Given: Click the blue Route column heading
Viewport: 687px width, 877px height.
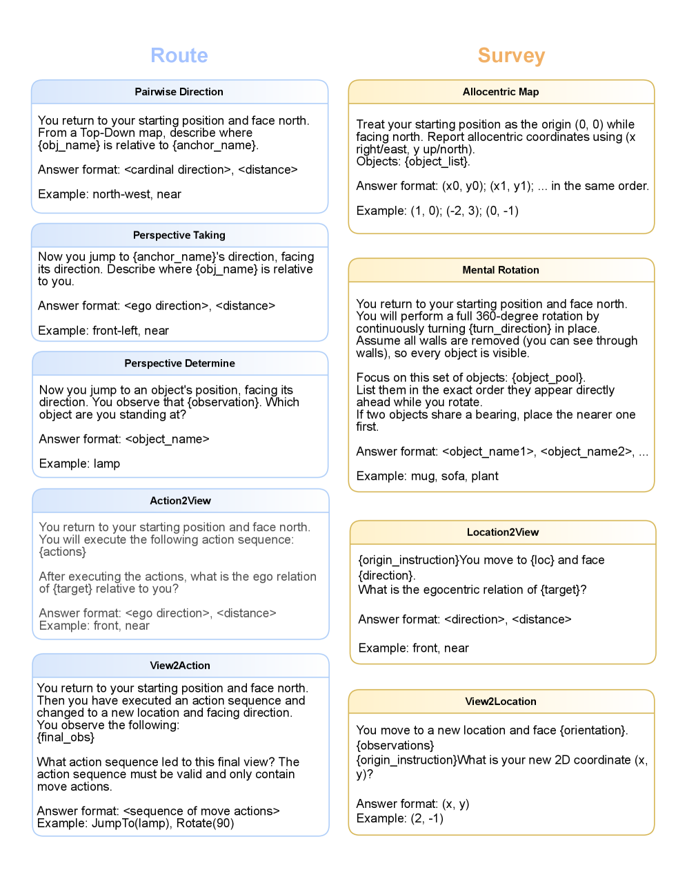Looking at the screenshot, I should pos(179,55).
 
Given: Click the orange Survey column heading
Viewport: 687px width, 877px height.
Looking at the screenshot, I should pos(511,55).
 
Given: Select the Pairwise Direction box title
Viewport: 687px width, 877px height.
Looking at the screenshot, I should pos(179,92).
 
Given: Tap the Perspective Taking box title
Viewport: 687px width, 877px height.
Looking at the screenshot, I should pos(179,235).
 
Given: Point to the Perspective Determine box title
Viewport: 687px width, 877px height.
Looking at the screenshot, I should pos(179,363).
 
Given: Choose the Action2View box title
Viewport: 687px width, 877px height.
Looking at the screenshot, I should pos(180,501).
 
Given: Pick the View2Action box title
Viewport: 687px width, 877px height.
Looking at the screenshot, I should pos(180,666).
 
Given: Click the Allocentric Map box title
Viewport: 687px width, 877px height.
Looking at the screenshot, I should pos(501,92).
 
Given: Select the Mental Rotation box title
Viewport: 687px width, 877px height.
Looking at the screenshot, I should pos(501,270).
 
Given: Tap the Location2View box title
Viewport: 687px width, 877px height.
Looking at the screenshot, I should pos(503,532).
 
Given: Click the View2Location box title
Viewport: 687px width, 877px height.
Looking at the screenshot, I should pos(501,702).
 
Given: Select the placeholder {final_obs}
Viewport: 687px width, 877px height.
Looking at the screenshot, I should pos(66,738).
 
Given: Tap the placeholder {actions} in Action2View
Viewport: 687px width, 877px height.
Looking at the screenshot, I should pos(63,552).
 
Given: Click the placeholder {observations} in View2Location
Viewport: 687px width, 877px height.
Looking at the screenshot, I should pos(395,745).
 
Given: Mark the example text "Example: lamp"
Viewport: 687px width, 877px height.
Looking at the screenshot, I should pos(79,463).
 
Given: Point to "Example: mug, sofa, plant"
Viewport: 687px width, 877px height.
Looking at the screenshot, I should pos(427,476).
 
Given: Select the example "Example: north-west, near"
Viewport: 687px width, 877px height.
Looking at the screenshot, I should pos(110,194).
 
